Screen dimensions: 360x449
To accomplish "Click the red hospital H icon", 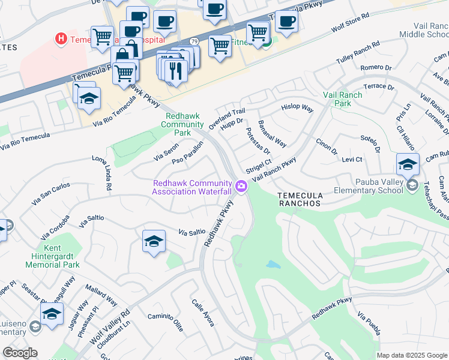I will (x=60, y=39).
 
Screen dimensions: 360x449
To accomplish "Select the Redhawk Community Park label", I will (x=184, y=124).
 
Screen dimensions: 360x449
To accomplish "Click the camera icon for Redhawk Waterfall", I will (x=241, y=187).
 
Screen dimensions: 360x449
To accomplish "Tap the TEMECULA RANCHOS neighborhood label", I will (x=300, y=200).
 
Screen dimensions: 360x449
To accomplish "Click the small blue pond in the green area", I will (x=273, y=265).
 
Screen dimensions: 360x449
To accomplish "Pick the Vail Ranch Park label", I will (x=343, y=99).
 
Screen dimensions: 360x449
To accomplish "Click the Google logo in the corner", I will (x=20, y=353).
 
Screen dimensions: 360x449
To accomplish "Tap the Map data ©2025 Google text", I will (x=412, y=355).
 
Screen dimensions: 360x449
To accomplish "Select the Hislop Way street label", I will (x=298, y=109).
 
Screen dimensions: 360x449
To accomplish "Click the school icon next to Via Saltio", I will (x=154, y=242).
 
